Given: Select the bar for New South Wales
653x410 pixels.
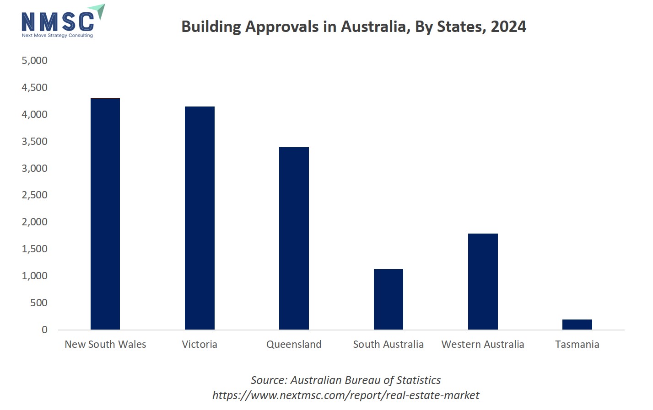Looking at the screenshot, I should pos(105,214).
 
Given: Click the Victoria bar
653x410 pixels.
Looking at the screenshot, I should pos(200,218).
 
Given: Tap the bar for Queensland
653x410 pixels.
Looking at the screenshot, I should pos(294,238).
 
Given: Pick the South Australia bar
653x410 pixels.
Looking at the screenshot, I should pos(388,299).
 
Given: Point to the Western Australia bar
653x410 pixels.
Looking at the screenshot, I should pos(483,282).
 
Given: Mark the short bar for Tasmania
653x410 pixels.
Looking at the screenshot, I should pos(577,325).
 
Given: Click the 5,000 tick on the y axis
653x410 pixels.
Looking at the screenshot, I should pos(34,60).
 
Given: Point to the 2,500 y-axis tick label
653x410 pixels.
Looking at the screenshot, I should pos(34,195).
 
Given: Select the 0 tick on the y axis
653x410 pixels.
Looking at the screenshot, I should pos(44,330).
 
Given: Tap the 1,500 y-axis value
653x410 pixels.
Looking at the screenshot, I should pos(34,249).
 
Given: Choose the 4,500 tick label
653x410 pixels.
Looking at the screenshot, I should pos(34,87).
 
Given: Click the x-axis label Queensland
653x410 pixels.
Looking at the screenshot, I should pos(294,344).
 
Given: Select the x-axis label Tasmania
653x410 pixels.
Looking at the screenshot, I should pos(577,344).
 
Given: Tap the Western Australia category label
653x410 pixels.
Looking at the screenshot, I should pos(483,344).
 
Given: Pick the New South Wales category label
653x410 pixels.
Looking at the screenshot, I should pos(105,344).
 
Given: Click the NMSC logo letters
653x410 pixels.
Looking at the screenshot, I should pos(58,21).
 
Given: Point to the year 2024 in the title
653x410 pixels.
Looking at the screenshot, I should pos(508,27).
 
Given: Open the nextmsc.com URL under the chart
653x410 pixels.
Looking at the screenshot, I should pos(345,395).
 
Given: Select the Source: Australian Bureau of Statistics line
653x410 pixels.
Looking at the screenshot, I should pos(345,380).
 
